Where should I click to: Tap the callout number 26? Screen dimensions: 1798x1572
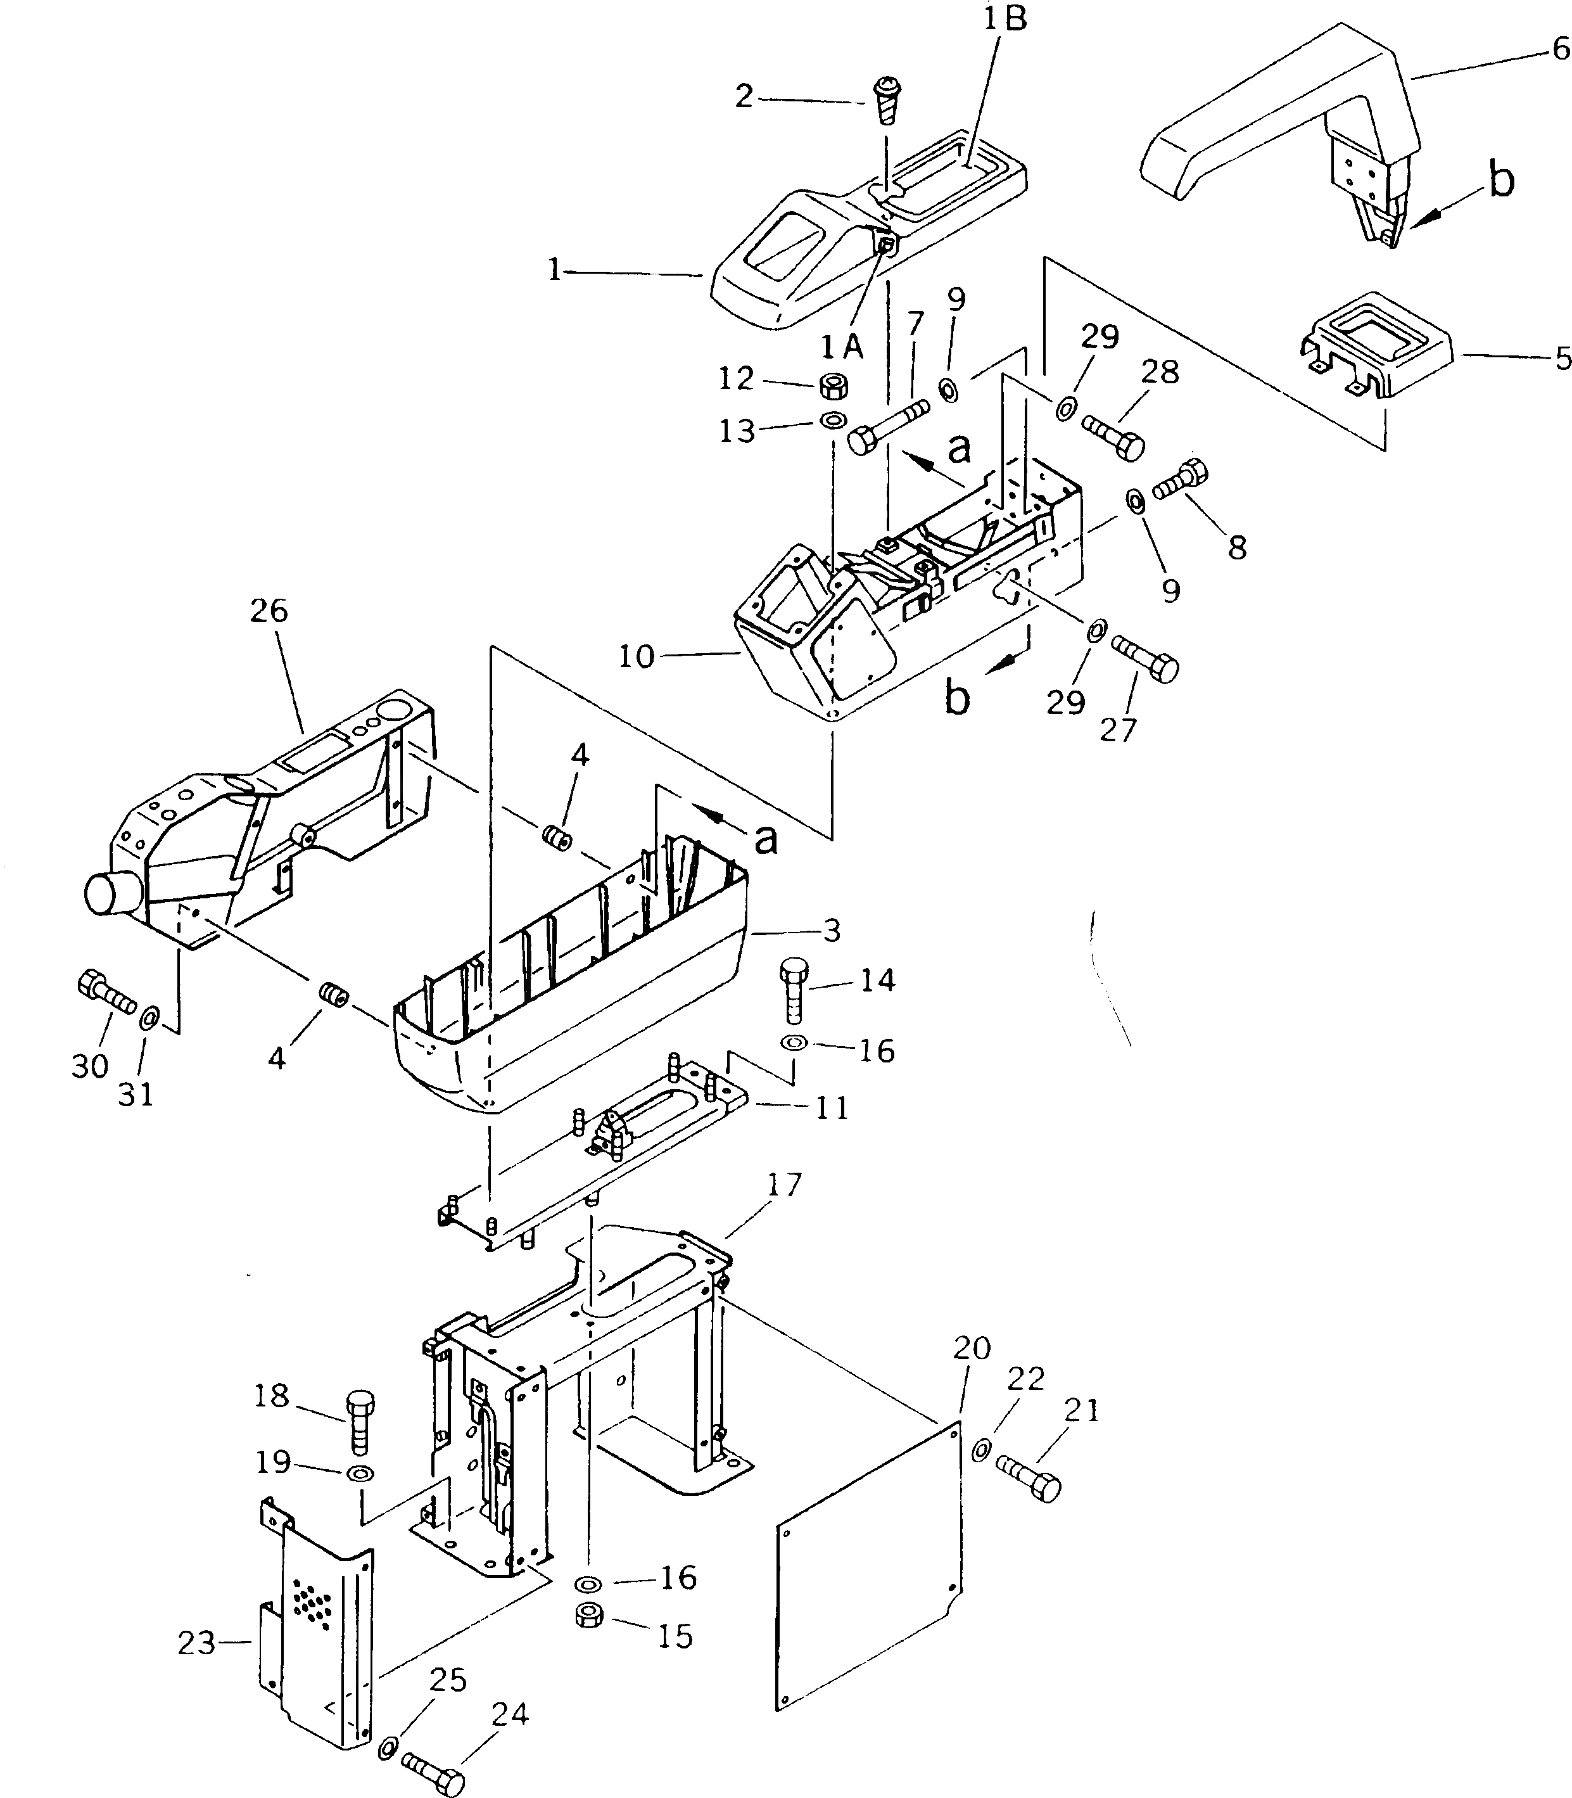pyautogui.click(x=269, y=611)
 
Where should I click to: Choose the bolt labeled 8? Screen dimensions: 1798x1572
pyautogui.click(x=1181, y=480)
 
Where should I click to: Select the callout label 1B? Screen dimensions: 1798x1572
pyautogui.click(x=1003, y=19)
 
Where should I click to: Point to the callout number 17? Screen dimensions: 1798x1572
pyautogui.click(x=783, y=1185)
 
